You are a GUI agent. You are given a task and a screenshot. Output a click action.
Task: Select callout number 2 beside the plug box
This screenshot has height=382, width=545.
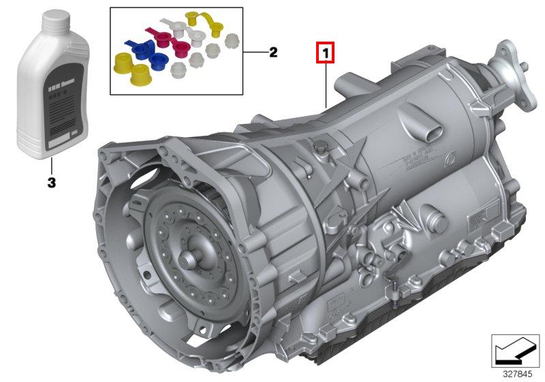(x=272, y=52)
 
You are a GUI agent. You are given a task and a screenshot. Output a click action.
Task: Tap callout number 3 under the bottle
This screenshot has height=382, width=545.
(x=51, y=183)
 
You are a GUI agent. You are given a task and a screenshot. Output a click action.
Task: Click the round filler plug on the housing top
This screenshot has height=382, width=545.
(x=318, y=148)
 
